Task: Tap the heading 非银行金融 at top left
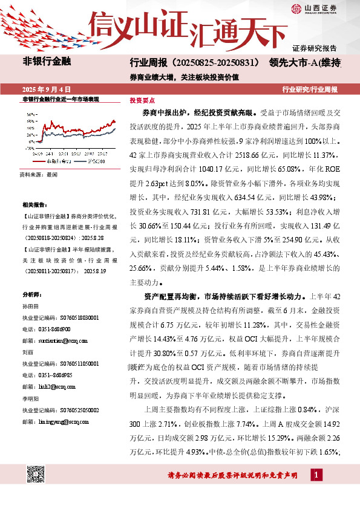point(47,61)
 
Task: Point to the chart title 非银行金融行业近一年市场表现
point(60,99)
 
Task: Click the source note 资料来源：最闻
point(38,173)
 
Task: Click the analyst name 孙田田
point(30,307)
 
